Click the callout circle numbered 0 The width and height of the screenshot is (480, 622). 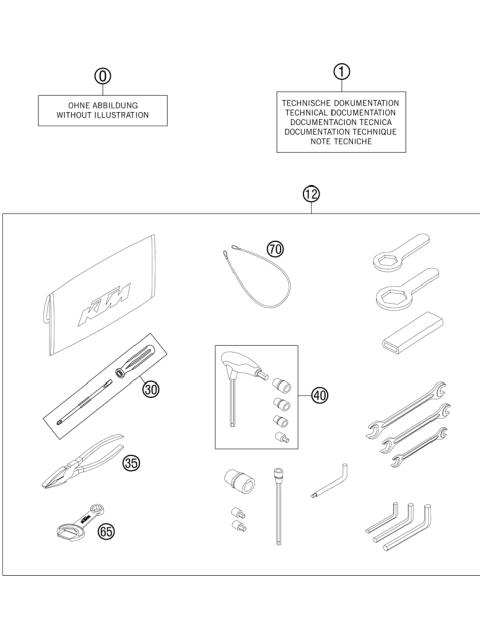tap(102, 76)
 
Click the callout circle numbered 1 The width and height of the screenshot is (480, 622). tap(341, 71)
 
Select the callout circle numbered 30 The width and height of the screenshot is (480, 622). tap(151, 389)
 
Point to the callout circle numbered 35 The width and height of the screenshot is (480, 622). tap(131, 462)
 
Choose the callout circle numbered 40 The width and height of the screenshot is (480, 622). tap(319, 395)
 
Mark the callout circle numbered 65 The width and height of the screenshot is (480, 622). tap(106, 531)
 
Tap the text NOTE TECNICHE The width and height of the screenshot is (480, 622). tap(341, 141)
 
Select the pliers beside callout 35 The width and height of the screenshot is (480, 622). tap(80, 462)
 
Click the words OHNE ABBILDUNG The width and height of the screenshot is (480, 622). tap(103, 104)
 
